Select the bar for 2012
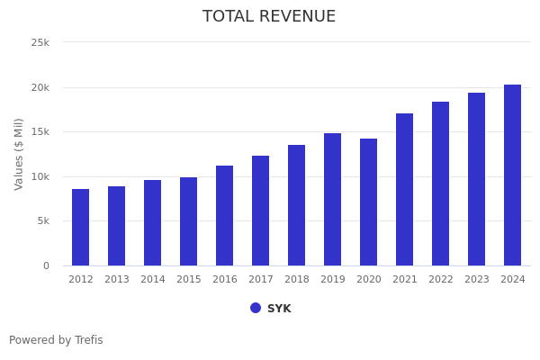click(81, 227)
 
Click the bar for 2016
click(225, 215)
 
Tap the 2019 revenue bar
click(333, 199)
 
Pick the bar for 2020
click(369, 202)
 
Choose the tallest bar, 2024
click(513, 175)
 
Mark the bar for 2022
click(441, 184)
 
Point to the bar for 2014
click(153, 222)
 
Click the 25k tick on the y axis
click(40, 42)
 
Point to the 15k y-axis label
click(40, 131)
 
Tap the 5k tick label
click(43, 220)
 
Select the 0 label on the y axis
click(46, 265)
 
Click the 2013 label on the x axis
click(117, 280)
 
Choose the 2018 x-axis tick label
click(297, 280)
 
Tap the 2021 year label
click(405, 280)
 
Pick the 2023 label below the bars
click(477, 280)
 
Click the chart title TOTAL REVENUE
click(269, 17)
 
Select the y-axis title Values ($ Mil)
click(19, 154)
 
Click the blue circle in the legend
click(256, 308)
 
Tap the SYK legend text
click(279, 309)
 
